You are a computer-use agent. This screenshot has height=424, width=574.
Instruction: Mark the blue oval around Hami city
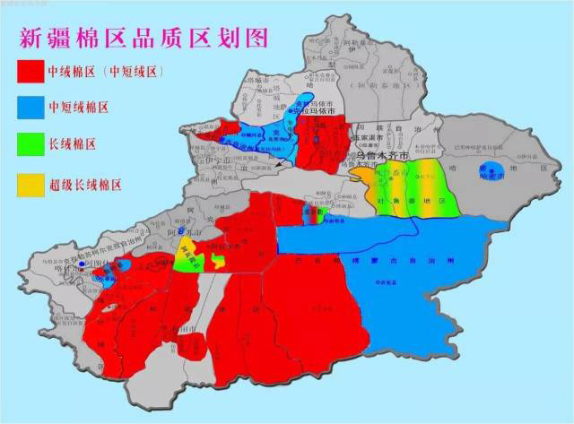(491, 171)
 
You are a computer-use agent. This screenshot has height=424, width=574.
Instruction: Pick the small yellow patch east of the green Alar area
(218, 261)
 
